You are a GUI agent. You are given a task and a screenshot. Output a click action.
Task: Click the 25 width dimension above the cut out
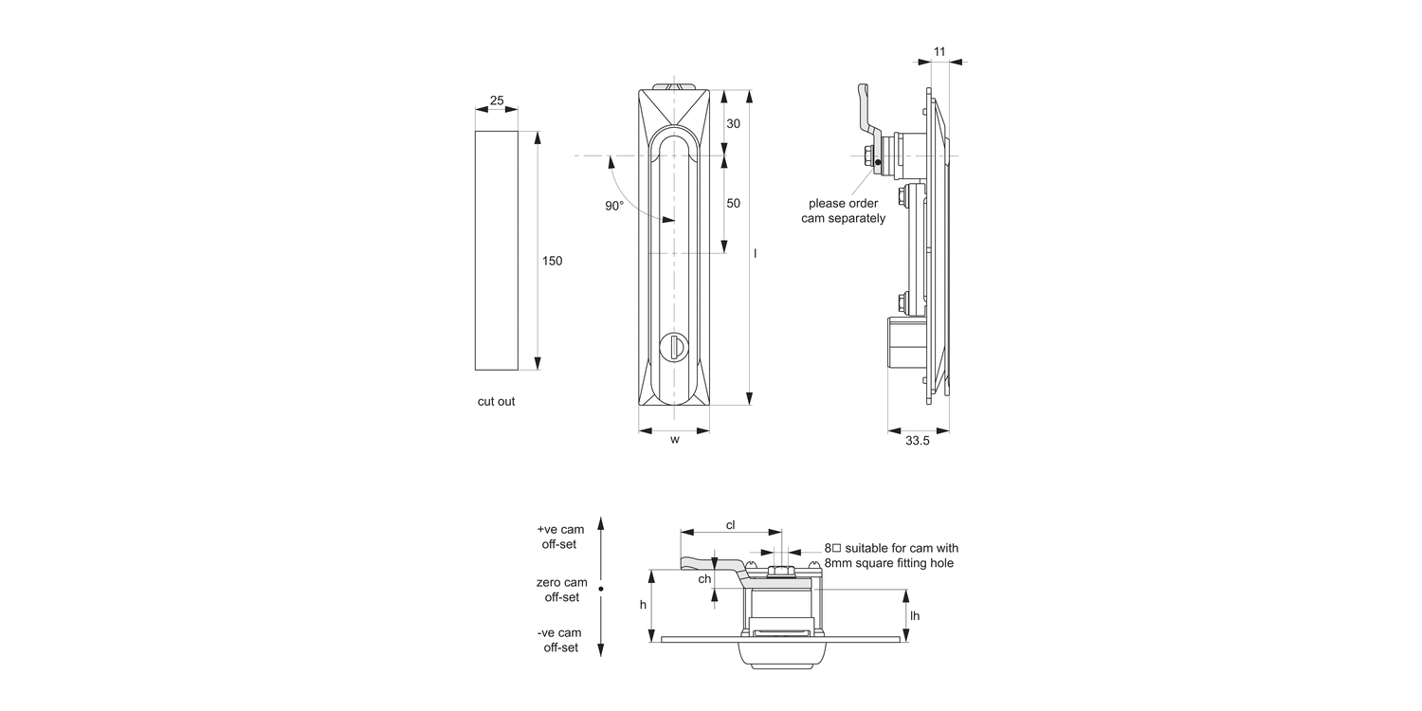[x=496, y=100]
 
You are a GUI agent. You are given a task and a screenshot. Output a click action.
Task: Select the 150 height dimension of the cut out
[x=552, y=261]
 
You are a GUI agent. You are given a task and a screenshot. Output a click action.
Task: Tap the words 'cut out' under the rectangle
[x=496, y=401]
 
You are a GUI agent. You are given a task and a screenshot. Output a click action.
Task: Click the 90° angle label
[x=614, y=206]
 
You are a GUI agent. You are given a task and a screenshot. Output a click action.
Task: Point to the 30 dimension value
[x=733, y=124]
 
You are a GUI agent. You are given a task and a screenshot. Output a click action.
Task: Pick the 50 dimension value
[x=733, y=203]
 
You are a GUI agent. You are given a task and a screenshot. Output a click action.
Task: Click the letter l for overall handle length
[x=755, y=253]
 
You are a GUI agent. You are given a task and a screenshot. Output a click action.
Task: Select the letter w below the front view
[x=674, y=439]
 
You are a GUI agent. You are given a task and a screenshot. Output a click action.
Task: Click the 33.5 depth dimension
[x=918, y=441]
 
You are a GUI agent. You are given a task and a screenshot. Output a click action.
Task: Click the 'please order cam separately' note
[x=843, y=210]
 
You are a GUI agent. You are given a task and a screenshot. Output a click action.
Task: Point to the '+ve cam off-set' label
[x=559, y=537]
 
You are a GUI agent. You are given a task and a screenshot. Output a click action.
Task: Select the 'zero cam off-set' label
[x=561, y=590]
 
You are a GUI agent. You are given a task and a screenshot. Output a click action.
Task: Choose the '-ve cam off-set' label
[x=561, y=640]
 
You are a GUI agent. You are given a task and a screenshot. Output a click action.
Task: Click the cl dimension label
[x=730, y=524]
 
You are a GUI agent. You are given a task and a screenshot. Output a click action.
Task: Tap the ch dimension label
[x=704, y=578]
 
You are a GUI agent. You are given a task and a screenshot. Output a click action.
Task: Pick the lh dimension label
[x=914, y=615]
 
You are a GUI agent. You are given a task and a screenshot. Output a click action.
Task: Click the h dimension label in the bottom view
[x=643, y=605]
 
